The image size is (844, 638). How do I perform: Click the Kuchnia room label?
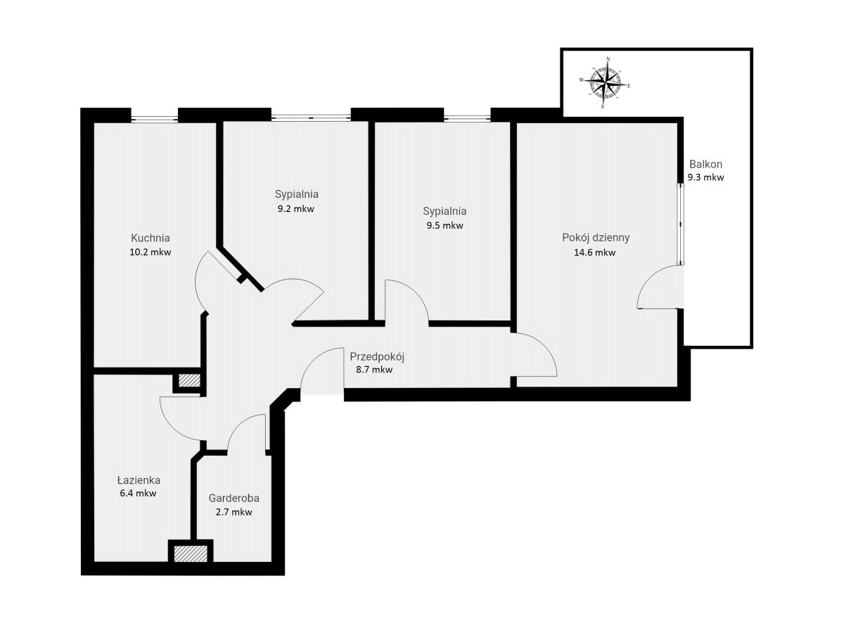151,238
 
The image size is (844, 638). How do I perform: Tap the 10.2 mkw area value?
151,252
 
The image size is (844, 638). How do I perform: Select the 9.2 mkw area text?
296,209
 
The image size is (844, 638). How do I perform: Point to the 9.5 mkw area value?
445,225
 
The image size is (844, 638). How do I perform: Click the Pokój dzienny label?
596,238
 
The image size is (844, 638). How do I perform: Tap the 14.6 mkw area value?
595,253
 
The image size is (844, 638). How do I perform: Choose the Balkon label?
705,164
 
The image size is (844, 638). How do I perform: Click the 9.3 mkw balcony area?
705,177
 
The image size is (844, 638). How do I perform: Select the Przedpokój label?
377,357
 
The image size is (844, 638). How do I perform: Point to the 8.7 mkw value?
374,370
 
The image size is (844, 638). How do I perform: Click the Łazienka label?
139,480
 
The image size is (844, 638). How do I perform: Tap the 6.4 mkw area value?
138,494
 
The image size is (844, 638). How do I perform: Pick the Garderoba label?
234,499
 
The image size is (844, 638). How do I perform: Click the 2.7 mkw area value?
234,512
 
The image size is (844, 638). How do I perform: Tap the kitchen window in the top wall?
154,115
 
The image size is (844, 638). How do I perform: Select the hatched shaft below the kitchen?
189,380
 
